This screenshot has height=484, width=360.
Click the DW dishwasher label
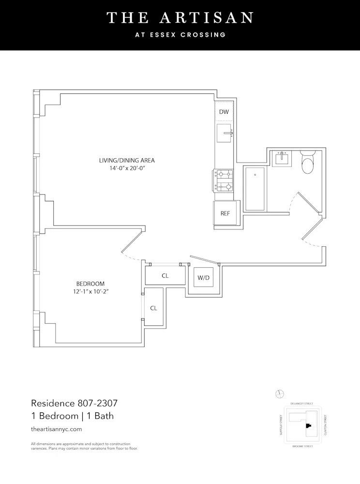coord(224,112)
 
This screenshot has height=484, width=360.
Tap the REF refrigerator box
coord(225,213)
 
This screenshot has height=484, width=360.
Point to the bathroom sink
coord(281,158)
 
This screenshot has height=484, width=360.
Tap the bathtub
coord(255,189)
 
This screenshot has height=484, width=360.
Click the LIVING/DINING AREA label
coord(127,160)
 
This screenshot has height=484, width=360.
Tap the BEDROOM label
coord(90,284)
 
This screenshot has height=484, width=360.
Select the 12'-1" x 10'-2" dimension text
coord(90,292)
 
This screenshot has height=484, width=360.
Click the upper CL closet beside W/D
coord(165,275)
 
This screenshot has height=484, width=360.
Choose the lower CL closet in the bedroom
coord(153,308)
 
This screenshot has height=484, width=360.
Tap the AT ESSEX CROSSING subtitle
coord(180,35)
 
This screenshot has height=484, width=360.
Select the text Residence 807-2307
coord(75,403)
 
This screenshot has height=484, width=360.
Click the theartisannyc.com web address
coord(56,429)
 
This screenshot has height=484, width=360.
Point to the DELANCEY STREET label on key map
coord(301,403)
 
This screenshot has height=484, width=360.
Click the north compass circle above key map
coord(278,393)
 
